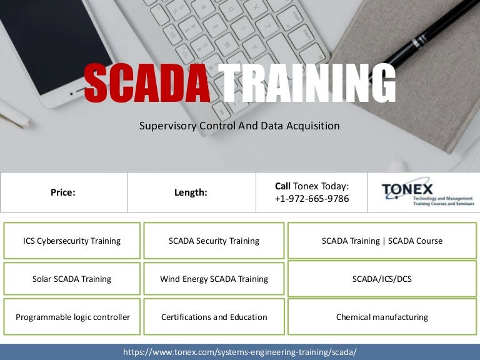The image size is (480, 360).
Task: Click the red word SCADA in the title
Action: pyautogui.click(x=147, y=84)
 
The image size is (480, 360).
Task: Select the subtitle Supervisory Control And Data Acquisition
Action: pyautogui.click(x=239, y=126)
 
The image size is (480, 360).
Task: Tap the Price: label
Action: pyautogui.click(x=63, y=192)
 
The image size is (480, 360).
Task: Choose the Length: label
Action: pyautogui.click(x=190, y=192)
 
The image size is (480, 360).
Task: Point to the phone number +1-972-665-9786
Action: pyautogui.click(x=312, y=199)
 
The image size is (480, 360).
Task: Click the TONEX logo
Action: pyautogui.click(x=427, y=192)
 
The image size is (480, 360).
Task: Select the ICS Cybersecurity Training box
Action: pyautogui.click(x=72, y=241)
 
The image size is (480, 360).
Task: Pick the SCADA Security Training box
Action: pyautogui.click(x=214, y=241)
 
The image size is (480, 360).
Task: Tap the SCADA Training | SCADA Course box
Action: pyautogui.click(x=382, y=241)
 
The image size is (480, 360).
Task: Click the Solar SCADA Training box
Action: pyautogui.click(x=72, y=279)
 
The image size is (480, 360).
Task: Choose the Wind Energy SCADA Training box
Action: pyautogui.click(x=214, y=279)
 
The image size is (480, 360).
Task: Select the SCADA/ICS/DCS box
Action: pyautogui.click(x=382, y=279)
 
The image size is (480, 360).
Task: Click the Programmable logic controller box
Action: pyautogui.click(x=72, y=317)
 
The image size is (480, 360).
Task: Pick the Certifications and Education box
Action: pyautogui.click(x=214, y=317)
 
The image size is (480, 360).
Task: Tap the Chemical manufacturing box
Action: pyautogui.click(x=382, y=317)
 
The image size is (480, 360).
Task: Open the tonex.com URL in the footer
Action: pyautogui.click(x=240, y=352)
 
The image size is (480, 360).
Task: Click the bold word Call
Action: pyautogui.click(x=282, y=186)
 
